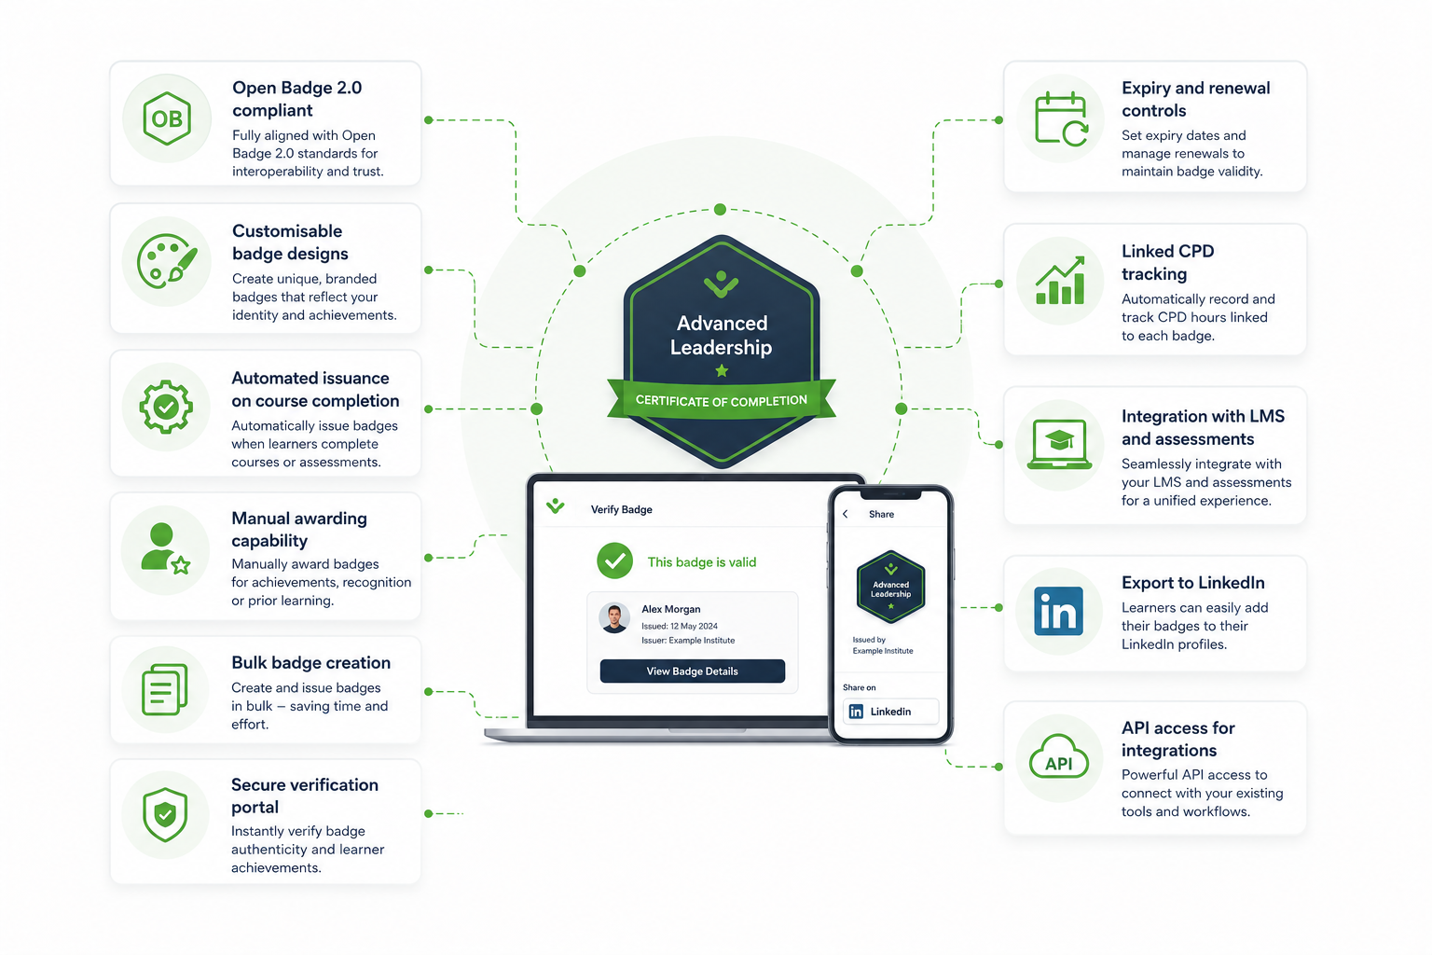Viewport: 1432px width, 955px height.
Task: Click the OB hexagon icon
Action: pyautogui.click(x=167, y=118)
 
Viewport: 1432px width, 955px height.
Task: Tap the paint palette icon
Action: pyautogui.click(x=167, y=261)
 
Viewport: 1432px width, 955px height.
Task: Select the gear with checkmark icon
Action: pyautogui.click(x=166, y=407)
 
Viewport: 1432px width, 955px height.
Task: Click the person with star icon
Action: pyautogui.click(x=165, y=548)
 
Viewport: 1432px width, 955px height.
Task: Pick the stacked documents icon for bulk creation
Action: pyautogui.click(x=165, y=689)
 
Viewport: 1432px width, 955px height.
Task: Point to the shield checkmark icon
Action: pyautogui.click(x=165, y=814)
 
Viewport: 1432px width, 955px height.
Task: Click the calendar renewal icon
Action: pyautogui.click(x=1061, y=119)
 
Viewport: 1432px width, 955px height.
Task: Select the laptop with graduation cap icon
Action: pyautogui.click(x=1059, y=445)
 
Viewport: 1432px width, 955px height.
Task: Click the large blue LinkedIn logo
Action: pyautogui.click(x=1059, y=611)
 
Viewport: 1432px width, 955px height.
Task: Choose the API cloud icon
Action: pyautogui.click(x=1059, y=756)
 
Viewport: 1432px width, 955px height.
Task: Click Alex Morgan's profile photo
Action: pyautogui.click(x=614, y=618)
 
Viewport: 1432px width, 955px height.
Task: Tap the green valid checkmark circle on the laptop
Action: pyautogui.click(x=615, y=561)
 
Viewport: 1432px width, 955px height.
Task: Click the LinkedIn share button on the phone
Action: pyautogui.click(x=890, y=712)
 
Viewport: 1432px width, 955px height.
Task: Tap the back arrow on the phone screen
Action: pyautogui.click(x=846, y=514)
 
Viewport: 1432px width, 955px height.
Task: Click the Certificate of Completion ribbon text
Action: pyautogui.click(x=721, y=400)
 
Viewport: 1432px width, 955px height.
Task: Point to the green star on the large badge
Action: pyautogui.click(x=722, y=370)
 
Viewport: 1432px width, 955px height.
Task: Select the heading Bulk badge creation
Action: pyautogui.click(x=310, y=662)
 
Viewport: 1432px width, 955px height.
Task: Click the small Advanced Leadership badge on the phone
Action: pyautogui.click(x=890, y=587)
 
